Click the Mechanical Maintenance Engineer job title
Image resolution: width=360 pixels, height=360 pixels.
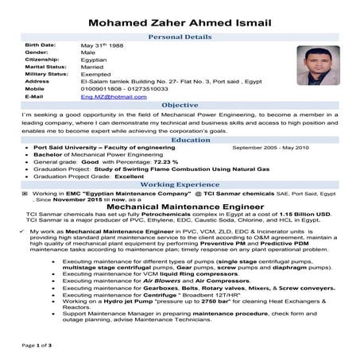pos(180,204)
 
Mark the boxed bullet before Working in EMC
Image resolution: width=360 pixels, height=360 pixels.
pos(26,193)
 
